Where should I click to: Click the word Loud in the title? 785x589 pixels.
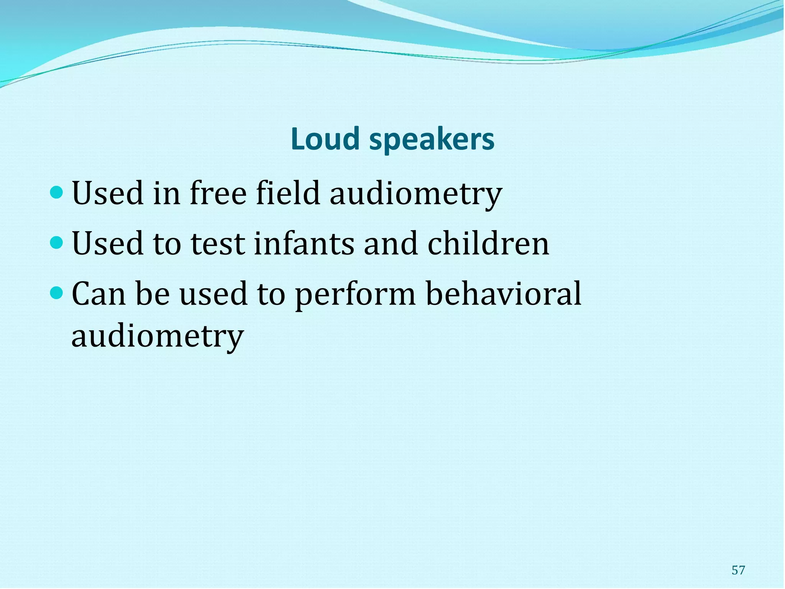click(x=325, y=139)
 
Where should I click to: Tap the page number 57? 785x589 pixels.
click(x=738, y=570)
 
